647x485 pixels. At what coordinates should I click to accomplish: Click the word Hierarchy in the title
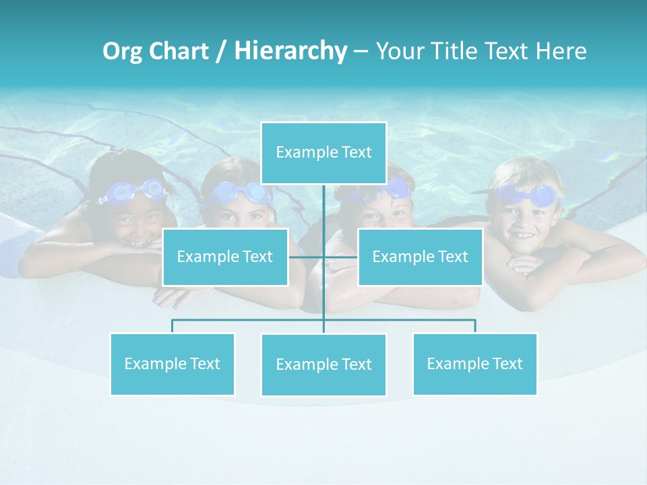pyautogui.click(x=290, y=51)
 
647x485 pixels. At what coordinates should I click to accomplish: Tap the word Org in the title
pyautogui.click(x=123, y=51)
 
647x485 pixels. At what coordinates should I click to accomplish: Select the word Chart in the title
pyautogui.click(x=177, y=51)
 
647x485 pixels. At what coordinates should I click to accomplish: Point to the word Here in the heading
pyautogui.click(x=561, y=51)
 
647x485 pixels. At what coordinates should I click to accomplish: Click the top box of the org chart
pyautogui.click(x=323, y=153)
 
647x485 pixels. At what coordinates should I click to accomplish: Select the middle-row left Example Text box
pyautogui.click(x=224, y=257)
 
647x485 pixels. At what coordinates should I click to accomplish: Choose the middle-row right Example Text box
pyautogui.click(x=420, y=257)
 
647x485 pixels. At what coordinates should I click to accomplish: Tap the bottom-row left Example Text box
pyautogui.click(x=172, y=364)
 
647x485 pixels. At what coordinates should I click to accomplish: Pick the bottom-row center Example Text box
pyautogui.click(x=323, y=364)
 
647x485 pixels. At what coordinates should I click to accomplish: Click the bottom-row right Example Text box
pyautogui.click(x=474, y=364)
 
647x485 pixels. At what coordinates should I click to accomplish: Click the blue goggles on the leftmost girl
pyautogui.click(x=135, y=191)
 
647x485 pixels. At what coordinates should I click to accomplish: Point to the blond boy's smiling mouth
pyautogui.click(x=523, y=236)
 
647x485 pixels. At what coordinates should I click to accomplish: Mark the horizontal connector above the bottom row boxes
pyautogui.click(x=249, y=320)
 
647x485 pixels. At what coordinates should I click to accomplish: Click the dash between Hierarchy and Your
pyautogui.click(x=361, y=51)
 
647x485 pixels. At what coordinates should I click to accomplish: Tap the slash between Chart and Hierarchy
pyautogui.click(x=221, y=51)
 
